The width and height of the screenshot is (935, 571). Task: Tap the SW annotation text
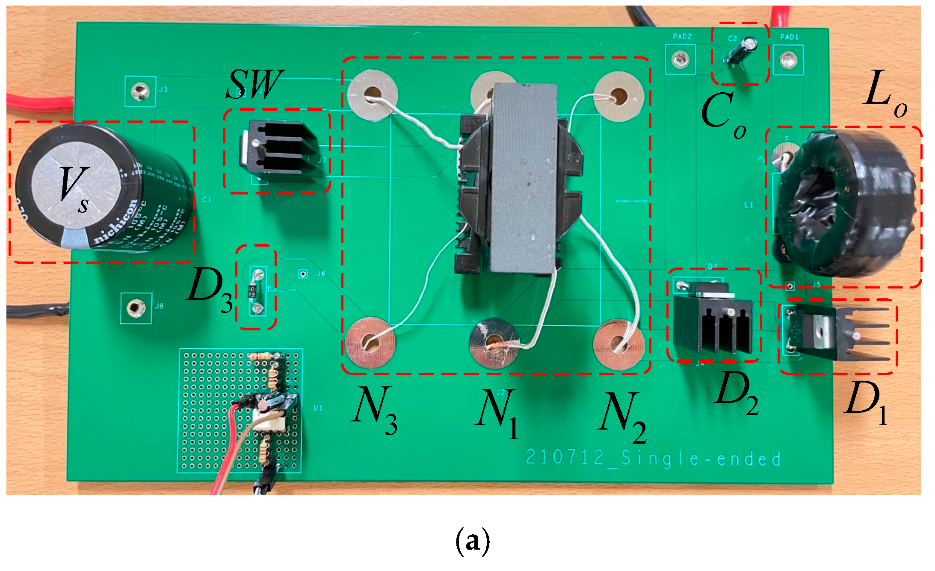click(x=254, y=84)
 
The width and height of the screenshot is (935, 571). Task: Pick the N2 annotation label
click(x=622, y=417)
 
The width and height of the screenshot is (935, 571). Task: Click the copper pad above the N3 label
click(x=370, y=342)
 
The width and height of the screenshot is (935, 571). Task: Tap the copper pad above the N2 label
click(x=618, y=344)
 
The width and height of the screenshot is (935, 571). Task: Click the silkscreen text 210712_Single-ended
click(x=653, y=459)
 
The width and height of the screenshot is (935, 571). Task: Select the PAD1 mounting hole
click(x=788, y=60)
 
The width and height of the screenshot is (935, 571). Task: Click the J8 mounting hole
click(x=136, y=307)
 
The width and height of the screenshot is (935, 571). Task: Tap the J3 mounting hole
click(x=140, y=91)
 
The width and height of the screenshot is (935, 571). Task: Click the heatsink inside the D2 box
click(x=712, y=325)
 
